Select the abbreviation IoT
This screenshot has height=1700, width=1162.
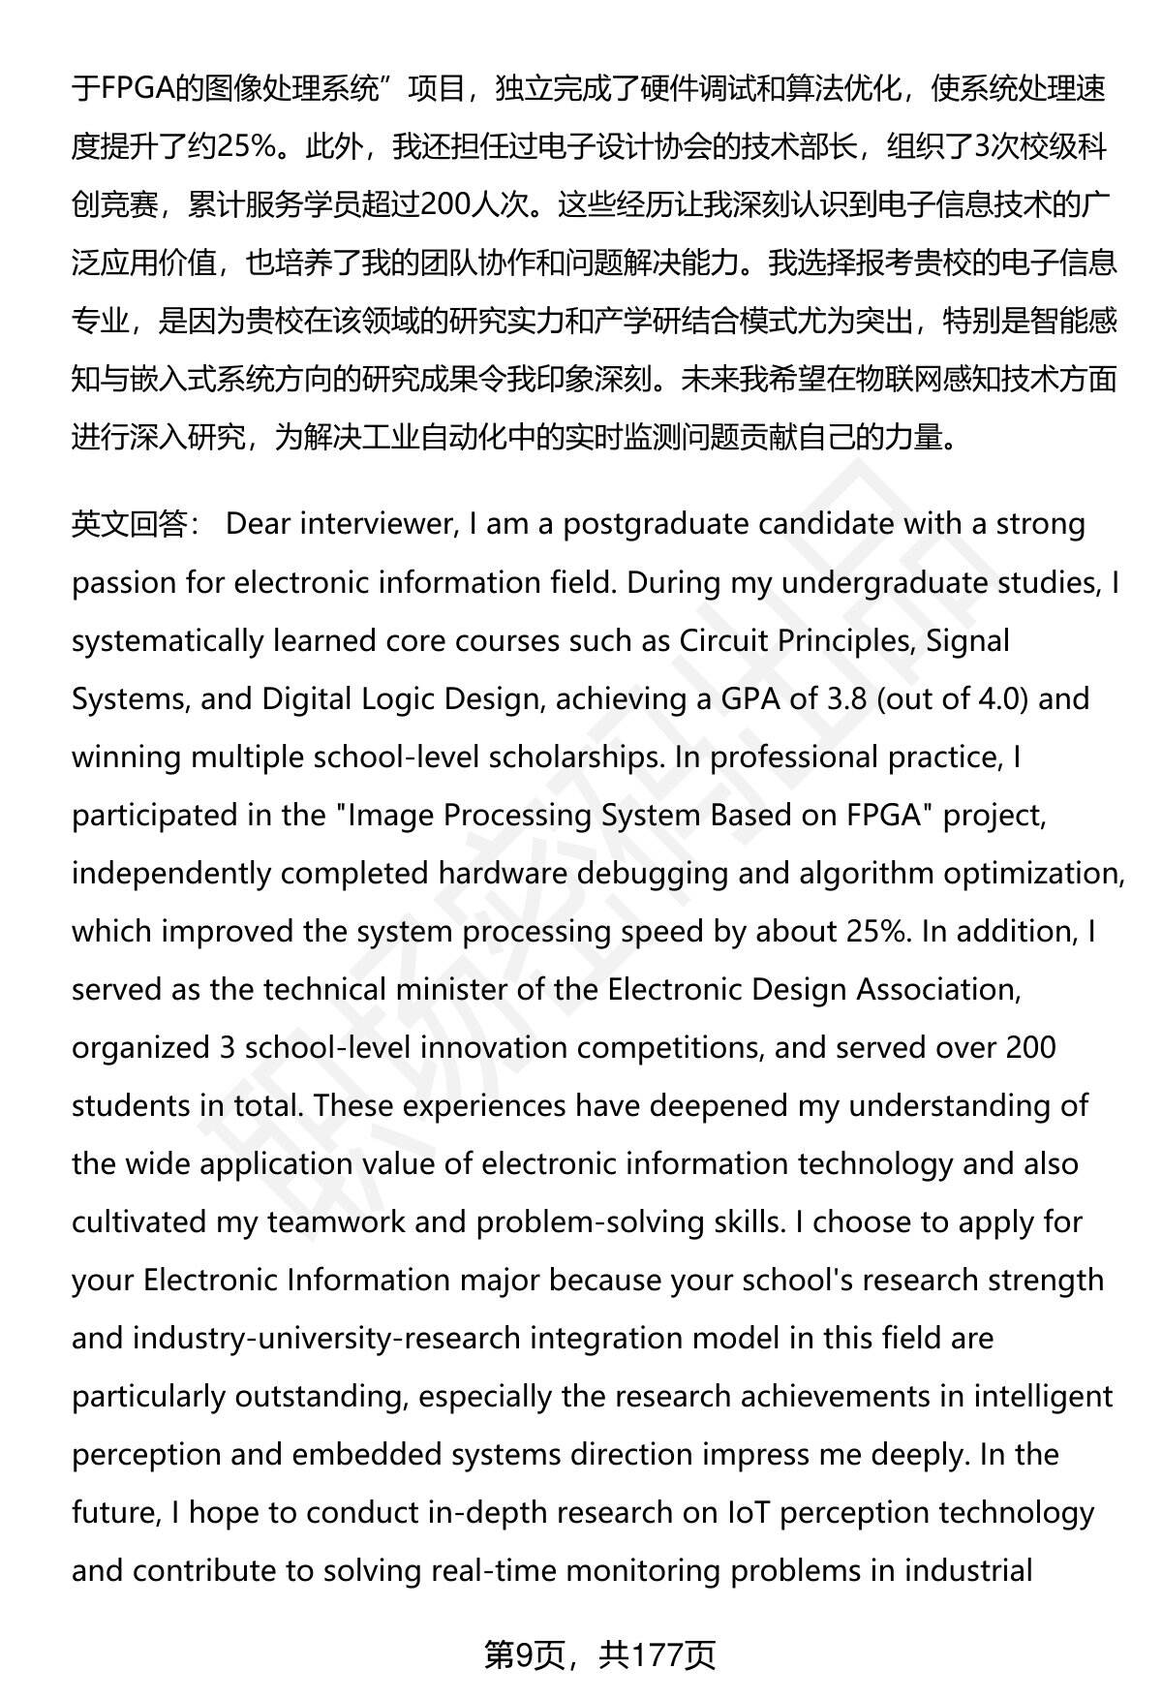tap(749, 1512)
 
